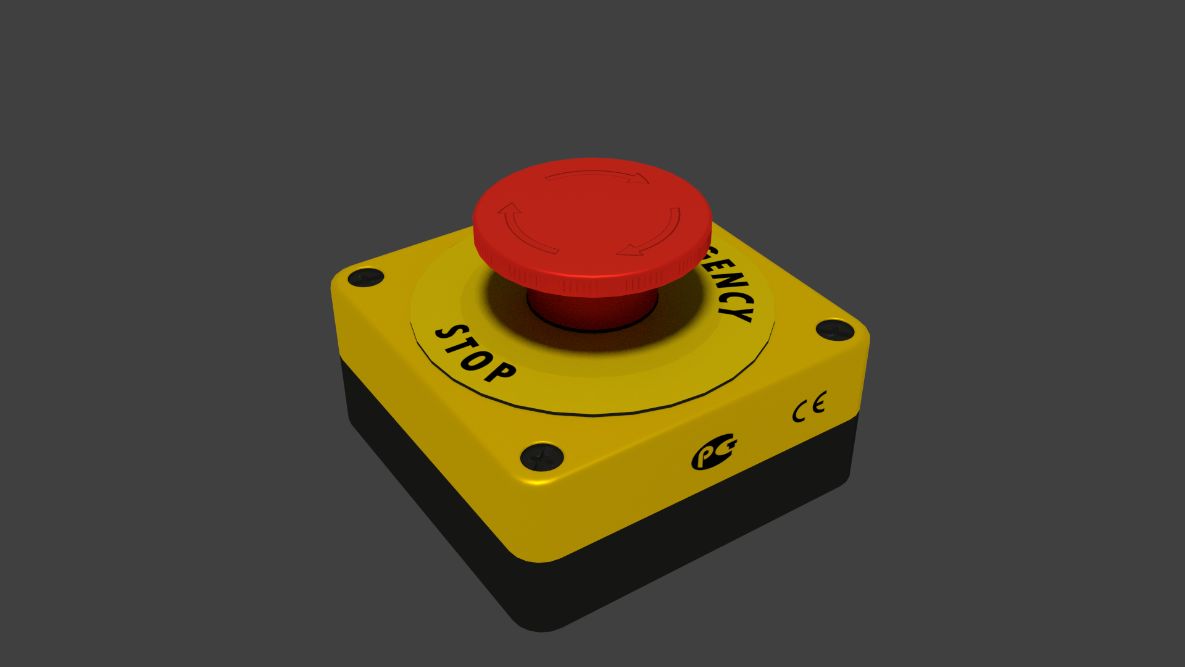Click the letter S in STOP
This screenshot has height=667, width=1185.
coord(446,334)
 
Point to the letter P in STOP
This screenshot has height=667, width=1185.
coord(499,371)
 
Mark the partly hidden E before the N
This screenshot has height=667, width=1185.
coord(716,264)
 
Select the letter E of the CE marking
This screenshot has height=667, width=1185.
coord(818,404)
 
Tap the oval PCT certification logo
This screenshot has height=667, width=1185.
coord(713,452)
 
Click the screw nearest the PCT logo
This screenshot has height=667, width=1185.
coord(542,458)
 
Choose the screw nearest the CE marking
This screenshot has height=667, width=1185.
coord(834,330)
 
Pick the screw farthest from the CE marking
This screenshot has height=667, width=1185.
coord(366,277)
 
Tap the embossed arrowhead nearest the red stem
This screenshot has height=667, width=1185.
coord(630,250)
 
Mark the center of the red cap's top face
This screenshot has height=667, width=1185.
coord(592,213)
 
